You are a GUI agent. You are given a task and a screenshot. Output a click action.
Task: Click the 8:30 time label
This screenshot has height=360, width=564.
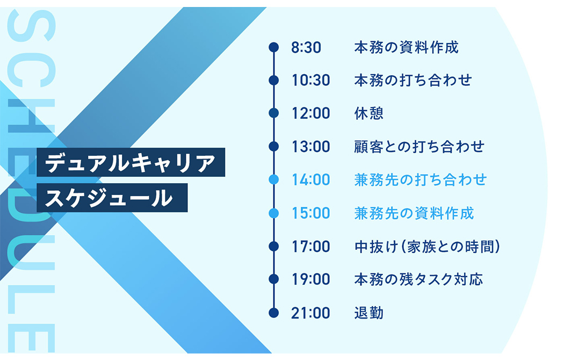click(306, 47)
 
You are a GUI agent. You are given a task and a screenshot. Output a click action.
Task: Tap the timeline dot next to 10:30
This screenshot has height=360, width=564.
click(274, 80)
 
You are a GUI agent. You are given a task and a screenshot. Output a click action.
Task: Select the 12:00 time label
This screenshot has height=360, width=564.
click(311, 113)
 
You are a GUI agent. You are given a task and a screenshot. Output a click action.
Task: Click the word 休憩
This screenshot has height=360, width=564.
click(368, 113)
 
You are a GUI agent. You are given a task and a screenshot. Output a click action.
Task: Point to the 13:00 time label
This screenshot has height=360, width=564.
click(311, 147)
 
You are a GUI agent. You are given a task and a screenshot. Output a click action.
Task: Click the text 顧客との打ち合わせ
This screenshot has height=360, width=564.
click(419, 147)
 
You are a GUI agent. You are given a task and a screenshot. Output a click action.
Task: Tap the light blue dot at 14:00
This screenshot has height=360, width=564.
click(274, 179)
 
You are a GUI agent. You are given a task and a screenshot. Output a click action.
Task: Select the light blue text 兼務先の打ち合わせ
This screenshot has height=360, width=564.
click(420, 180)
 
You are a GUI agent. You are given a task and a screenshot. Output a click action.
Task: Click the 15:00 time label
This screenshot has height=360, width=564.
click(311, 213)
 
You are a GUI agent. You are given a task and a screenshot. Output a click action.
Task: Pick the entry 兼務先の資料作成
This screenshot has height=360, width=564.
click(414, 213)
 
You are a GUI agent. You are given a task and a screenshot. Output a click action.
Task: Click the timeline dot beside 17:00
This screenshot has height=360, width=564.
click(274, 246)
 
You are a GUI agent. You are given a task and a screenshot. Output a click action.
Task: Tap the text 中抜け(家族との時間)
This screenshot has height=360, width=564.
click(428, 247)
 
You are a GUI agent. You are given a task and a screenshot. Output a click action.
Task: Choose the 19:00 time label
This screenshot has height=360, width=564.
click(311, 279)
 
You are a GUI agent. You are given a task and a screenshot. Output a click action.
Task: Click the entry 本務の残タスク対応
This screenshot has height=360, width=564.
click(418, 279)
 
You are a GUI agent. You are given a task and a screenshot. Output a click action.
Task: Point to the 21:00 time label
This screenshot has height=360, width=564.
click(311, 313)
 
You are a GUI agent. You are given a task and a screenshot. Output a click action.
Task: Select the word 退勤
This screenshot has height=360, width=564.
click(368, 313)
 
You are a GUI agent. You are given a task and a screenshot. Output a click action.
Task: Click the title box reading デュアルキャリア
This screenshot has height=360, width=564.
click(131, 162)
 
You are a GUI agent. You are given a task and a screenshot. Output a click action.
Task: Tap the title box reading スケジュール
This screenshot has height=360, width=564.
click(112, 198)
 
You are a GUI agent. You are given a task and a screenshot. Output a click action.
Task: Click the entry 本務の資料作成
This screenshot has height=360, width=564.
click(407, 47)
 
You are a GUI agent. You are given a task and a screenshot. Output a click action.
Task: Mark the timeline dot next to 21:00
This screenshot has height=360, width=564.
click(274, 313)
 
